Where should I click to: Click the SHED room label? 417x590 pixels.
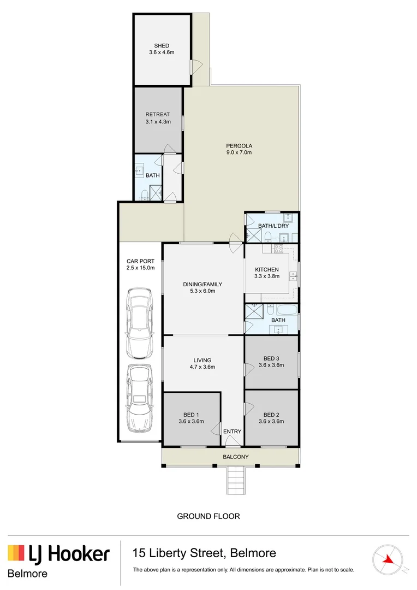tap(161, 46)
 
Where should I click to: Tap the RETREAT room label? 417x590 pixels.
tap(158, 115)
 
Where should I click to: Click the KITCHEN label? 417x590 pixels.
tap(267, 269)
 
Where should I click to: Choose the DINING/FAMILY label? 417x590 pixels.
tap(202, 284)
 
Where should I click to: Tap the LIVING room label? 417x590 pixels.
tap(202, 360)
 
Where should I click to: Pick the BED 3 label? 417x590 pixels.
tap(271, 358)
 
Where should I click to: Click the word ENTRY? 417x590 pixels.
tap(232, 432)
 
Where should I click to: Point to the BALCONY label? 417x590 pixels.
tap(236, 457)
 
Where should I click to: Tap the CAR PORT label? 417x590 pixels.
tap(140, 261)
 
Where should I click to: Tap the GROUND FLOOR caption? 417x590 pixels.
tap(208, 516)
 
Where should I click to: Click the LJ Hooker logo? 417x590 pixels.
tap(59, 554)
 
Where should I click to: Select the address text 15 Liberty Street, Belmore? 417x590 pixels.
tap(204, 553)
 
